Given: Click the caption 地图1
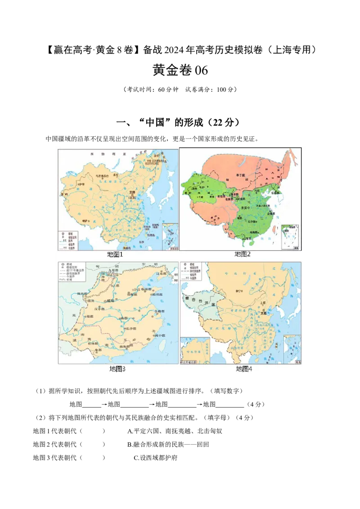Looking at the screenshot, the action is (115, 254).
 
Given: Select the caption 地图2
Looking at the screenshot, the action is (243, 254).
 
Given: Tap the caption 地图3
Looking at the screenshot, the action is (117, 369).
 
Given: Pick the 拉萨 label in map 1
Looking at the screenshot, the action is (86, 221).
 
